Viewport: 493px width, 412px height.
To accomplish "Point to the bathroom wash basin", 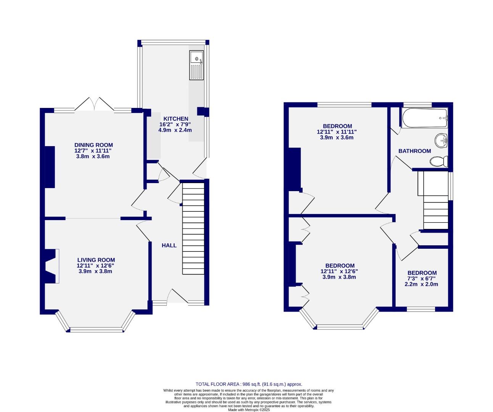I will pyautogui.click(x=442, y=140).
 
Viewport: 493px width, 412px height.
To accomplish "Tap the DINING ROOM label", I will pyautogui.click(x=93, y=145).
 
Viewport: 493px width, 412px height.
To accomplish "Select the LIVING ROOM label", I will pyautogui.click(x=96, y=260).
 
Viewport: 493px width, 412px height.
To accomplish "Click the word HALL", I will pyautogui.click(x=169, y=245).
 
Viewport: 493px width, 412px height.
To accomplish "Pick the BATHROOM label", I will pyautogui.click(x=414, y=151).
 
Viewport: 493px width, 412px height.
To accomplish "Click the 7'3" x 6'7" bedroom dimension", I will pyautogui.click(x=422, y=278).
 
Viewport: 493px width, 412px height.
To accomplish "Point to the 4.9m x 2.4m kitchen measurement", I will pyautogui.click(x=175, y=130).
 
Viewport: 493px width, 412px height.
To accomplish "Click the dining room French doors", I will pyautogui.click(x=94, y=104).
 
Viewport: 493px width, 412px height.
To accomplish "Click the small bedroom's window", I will pyautogui.click(x=421, y=309).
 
